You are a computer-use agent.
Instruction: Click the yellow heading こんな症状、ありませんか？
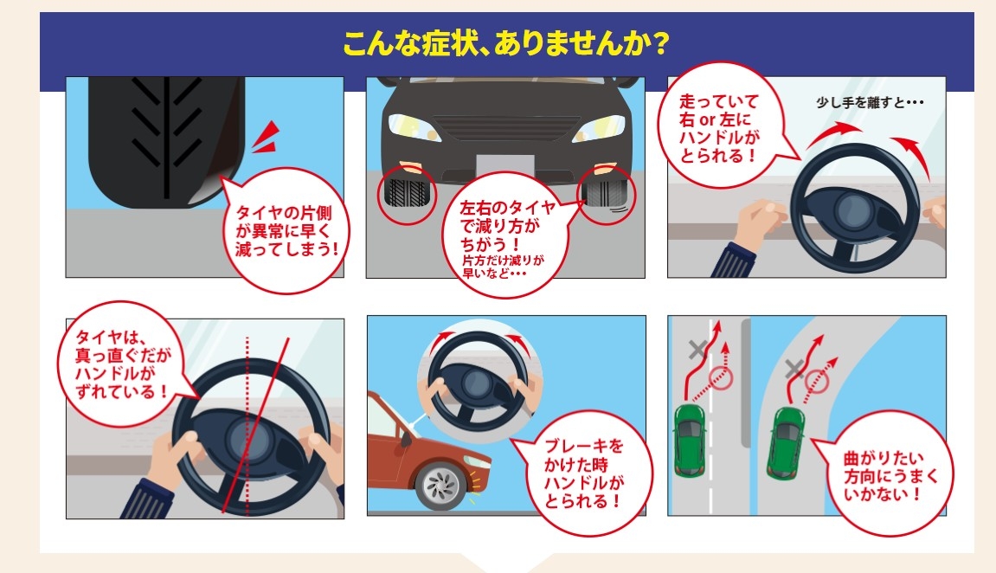click(x=505, y=44)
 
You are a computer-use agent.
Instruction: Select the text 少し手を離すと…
click(x=870, y=102)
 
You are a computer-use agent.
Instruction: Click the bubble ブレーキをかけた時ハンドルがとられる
click(x=583, y=473)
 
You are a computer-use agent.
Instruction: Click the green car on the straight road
click(x=689, y=438)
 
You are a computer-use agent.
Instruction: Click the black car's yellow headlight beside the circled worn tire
click(x=598, y=128)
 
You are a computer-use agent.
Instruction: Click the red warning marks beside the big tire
click(x=267, y=138)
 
